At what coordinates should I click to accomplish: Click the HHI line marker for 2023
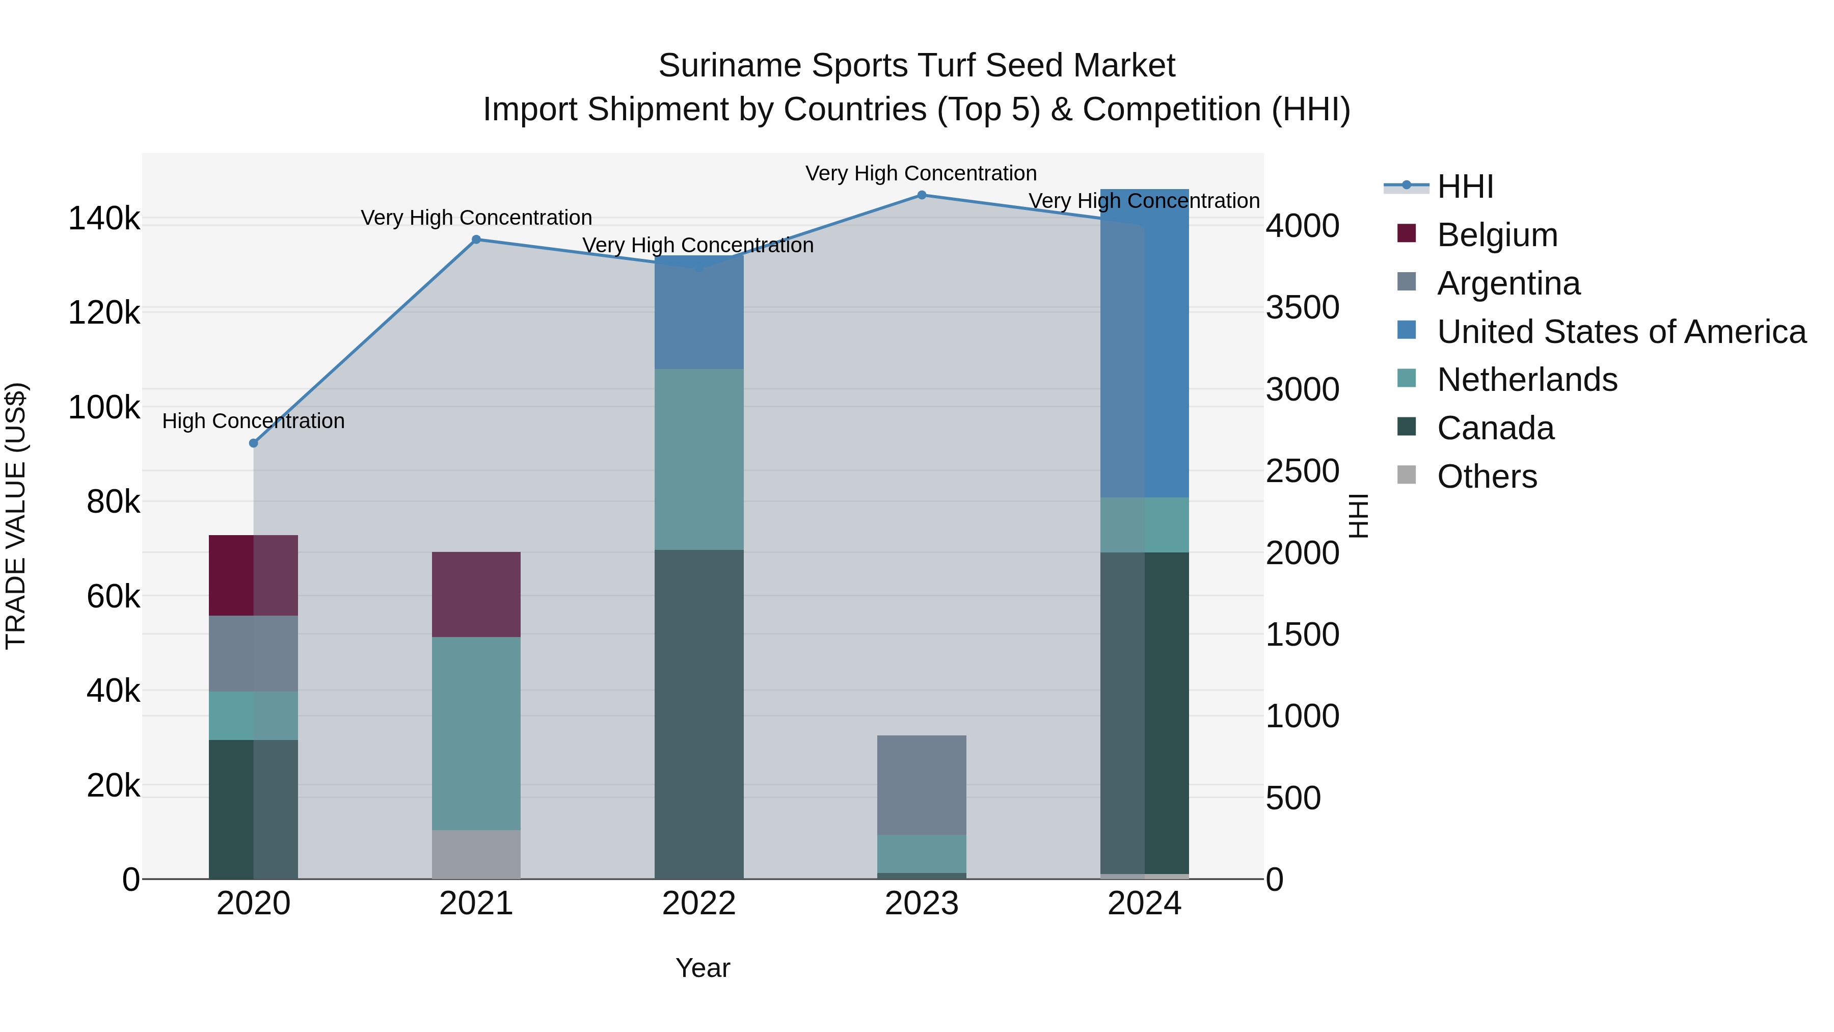921,195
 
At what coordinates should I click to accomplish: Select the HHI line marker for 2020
254,443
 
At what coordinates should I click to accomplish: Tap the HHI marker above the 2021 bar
476,240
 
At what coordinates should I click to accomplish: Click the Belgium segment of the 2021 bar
476,594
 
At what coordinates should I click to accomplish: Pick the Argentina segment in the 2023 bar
921,785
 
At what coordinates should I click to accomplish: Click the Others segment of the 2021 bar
476,854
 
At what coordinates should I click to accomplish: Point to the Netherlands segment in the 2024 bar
1144,525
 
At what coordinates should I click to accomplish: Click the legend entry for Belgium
1497,235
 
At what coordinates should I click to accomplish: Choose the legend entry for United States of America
1621,332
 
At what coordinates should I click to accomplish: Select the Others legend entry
1487,477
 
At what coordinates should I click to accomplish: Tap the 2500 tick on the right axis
1302,471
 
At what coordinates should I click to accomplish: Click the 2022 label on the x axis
698,904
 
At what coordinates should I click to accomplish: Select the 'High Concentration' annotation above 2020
254,421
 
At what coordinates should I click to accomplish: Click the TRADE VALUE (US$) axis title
16,516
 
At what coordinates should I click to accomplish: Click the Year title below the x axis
702,968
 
